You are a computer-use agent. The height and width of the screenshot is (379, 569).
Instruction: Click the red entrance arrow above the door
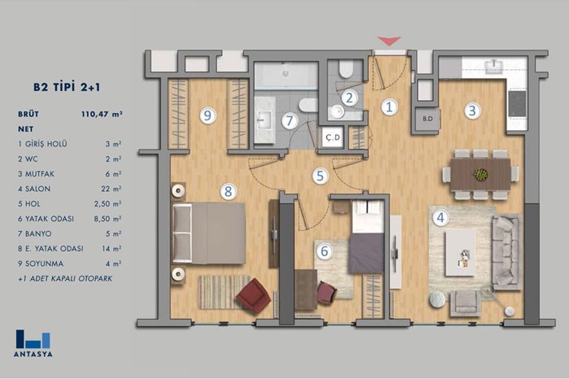click(389, 41)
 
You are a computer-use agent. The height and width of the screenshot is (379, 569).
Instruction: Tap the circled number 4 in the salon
click(441, 218)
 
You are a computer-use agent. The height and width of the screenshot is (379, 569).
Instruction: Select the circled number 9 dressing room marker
click(207, 115)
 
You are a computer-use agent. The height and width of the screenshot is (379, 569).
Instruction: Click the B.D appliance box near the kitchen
click(428, 119)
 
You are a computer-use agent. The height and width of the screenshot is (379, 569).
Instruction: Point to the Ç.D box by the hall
click(332, 137)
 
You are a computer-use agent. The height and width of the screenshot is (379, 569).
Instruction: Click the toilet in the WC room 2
click(345, 68)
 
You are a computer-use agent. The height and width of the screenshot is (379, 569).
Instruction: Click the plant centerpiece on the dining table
click(481, 175)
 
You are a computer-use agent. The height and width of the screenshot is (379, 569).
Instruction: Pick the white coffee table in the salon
click(460, 253)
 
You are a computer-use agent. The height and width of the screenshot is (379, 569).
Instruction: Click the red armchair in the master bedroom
click(253, 295)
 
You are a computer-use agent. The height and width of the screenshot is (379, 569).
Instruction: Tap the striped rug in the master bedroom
click(224, 292)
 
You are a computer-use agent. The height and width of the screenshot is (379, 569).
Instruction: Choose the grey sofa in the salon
click(507, 251)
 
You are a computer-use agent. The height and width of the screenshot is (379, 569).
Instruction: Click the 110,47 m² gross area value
click(102, 114)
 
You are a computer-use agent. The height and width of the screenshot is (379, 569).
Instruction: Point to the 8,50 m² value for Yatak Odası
click(107, 219)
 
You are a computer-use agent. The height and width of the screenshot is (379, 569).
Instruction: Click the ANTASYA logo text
click(33, 354)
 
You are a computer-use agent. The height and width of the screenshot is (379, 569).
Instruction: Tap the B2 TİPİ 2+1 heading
click(67, 87)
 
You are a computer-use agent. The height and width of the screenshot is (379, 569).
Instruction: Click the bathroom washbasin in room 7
click(264, 120)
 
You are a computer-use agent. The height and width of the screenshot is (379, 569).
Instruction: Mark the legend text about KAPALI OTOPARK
click(65, 279)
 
